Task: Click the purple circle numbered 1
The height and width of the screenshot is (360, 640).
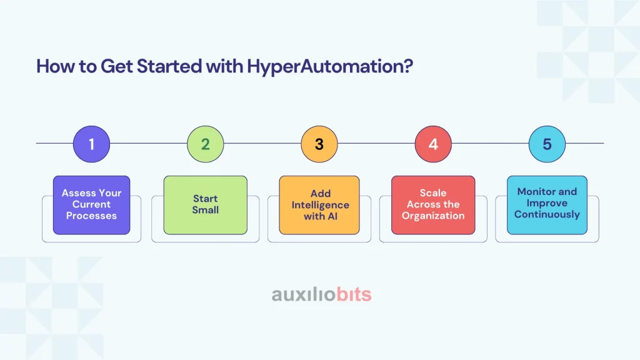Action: click(91, 144)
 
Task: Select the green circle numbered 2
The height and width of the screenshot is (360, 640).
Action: click(205, 144)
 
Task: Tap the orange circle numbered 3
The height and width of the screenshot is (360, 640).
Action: click(319, 144)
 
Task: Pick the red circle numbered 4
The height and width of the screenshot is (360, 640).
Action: click(433, 144)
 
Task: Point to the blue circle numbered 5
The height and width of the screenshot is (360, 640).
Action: click(547, 144)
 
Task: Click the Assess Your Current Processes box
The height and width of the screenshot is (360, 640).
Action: click(91, 205)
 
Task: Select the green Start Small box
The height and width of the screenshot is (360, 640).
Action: click(205, 205)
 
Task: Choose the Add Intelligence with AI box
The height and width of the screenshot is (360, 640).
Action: click(319, 205)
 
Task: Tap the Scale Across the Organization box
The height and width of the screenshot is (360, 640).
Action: click(433, 205)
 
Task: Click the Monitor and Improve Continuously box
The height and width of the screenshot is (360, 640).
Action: click(547, 205)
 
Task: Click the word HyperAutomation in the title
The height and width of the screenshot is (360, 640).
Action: click(330, 66)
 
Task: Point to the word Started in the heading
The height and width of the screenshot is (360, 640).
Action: click(169, 66)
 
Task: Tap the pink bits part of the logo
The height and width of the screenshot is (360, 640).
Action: click(354, 294)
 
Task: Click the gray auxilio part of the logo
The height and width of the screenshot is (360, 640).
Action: click(304, 294)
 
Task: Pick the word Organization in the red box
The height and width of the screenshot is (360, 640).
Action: click(433, 216)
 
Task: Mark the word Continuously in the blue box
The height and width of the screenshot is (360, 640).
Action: click(547, 215)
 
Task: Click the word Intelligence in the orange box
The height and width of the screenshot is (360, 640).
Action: click(321, 205)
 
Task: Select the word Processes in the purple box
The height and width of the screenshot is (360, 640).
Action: click(91, 216)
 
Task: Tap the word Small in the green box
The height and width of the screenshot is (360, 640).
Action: click(205, 210)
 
